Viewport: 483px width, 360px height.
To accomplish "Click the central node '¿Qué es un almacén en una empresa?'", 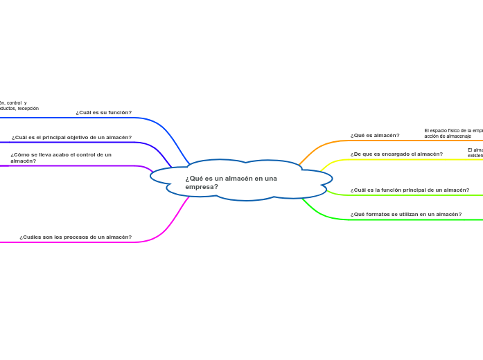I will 231,182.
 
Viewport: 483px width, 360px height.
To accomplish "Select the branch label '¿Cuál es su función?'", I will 103,112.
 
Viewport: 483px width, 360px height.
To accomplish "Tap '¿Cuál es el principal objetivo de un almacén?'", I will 71,137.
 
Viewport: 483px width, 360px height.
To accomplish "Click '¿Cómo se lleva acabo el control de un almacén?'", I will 60,158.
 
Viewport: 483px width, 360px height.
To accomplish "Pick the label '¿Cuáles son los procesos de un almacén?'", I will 76,237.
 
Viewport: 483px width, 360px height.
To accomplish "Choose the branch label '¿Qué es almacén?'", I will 374,135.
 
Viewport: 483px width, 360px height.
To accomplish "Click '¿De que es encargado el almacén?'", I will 396,154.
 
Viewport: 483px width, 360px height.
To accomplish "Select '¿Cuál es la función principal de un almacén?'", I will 410,190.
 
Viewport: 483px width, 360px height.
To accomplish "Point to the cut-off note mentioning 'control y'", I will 19,105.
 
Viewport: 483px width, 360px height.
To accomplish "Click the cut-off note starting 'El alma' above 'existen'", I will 475,152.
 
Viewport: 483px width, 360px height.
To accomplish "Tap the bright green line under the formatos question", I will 416,220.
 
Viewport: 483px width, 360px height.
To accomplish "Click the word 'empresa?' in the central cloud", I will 202,187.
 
